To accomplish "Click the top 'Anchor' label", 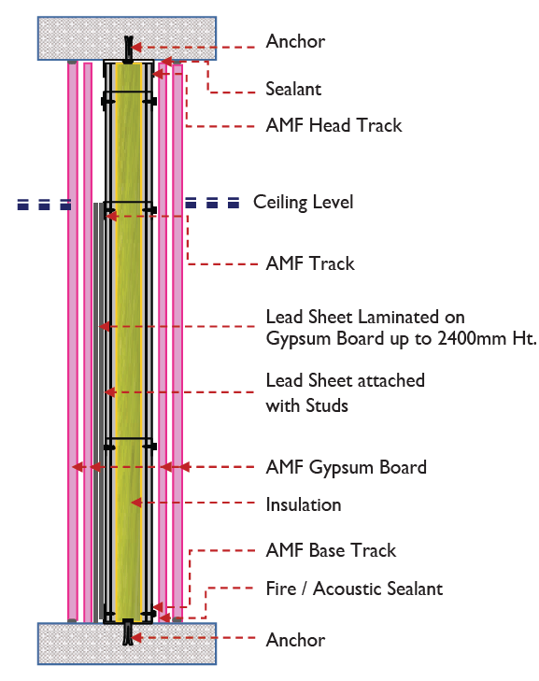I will point(295,42).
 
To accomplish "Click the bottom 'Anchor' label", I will point(295,641).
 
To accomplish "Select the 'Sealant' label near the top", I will point(293,90).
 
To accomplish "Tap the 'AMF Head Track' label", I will point(333,125).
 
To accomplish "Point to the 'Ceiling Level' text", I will point(303,203).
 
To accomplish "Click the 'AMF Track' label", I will point(310,264).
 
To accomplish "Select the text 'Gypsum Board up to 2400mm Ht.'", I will point(401,339).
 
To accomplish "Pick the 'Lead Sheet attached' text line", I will point(345,381).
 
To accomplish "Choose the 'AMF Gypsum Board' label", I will point(346,467).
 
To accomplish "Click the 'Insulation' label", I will point(304,505).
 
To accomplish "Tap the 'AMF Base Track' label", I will point(331,551).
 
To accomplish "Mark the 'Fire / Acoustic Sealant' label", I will point(354,589).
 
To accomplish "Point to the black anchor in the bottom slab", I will point(128,634).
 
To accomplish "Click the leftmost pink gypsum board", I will point(73,374).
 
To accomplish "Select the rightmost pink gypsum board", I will point(177,374).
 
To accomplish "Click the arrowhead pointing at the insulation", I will point(136,503).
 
